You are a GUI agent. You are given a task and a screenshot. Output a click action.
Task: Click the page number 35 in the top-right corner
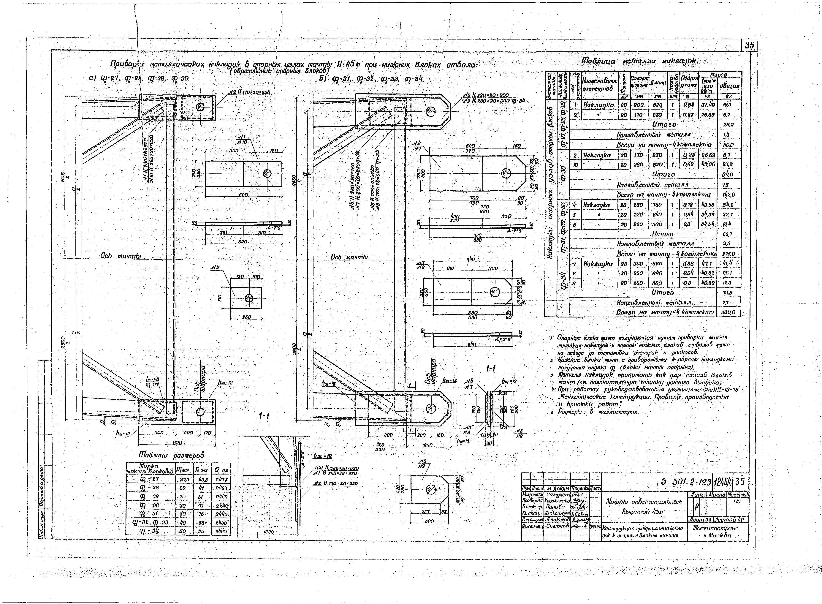749,45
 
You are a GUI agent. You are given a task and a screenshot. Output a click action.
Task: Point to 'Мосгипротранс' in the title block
713,528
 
